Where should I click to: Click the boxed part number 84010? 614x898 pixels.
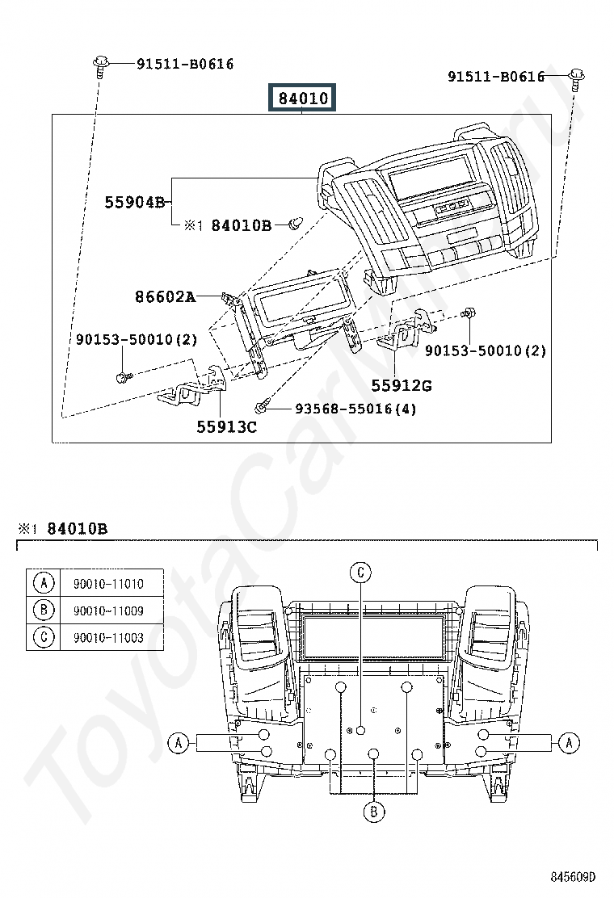303,98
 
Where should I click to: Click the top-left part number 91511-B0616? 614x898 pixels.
185,64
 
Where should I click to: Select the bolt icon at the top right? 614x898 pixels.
576,78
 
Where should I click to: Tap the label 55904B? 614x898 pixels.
135,202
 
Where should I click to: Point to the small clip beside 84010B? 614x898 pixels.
296,224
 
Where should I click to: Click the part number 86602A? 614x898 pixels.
166,296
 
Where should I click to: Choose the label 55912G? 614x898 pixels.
402,385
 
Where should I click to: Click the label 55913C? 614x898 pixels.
227,426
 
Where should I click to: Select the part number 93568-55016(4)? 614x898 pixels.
355,409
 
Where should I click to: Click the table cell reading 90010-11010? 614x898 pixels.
108,584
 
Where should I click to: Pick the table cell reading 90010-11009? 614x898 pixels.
108,611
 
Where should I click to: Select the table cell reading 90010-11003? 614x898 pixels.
108,637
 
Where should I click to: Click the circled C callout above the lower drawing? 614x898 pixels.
361,572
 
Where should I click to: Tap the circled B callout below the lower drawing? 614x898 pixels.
374,812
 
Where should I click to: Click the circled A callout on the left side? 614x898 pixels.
178,743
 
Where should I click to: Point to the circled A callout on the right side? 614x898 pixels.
569,743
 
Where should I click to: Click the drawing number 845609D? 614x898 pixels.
574,877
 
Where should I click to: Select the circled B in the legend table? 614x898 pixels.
44,610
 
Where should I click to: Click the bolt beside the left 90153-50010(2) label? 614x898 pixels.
124,377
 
